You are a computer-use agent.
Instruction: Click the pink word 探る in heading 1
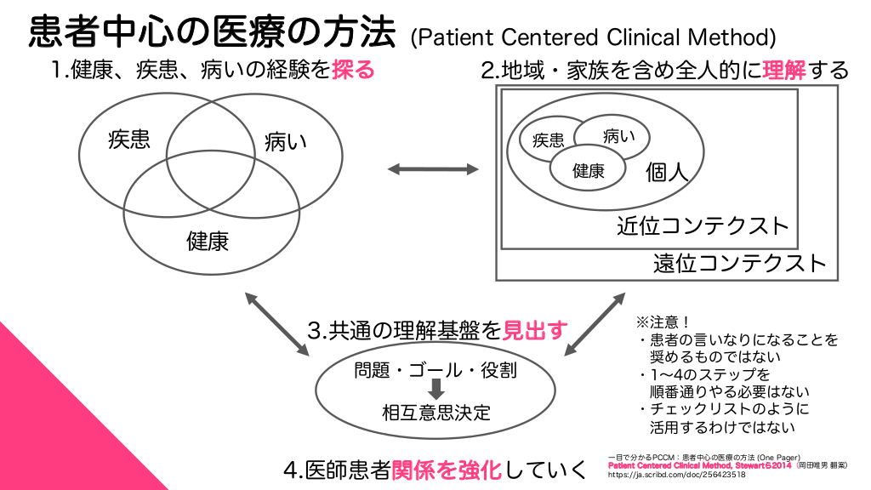[x=353, y=69]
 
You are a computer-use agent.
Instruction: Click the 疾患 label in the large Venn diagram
[x=129, y=140]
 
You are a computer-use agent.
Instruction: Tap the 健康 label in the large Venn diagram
[x=208, y=241]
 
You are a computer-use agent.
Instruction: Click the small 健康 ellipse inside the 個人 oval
[x=588, y=170]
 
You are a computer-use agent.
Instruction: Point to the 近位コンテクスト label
[x=703, y=226]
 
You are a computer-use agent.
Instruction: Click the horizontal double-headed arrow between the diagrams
[x=434, y=170]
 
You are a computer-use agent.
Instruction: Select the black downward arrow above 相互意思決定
[x=435, y=390]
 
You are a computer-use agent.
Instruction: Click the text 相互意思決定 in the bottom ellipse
[x=435, y=413]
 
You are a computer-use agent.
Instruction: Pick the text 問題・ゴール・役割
[x=435, y=370]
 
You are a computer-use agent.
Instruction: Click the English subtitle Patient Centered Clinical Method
[x=593, y=37]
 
